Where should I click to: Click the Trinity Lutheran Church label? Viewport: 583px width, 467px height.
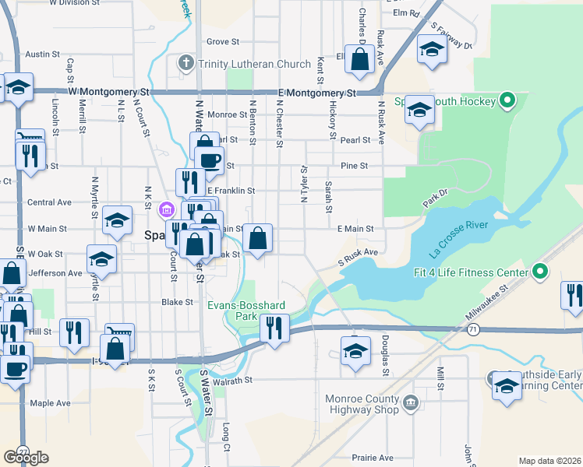[x=243, y=64]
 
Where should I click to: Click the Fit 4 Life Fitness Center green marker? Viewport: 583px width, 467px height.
[x=539, y=272]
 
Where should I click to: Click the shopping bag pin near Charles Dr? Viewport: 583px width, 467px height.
[x=359, y=60]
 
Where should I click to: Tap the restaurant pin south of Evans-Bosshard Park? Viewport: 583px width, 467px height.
[x=273, y=328]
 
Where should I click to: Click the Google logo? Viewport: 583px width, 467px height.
[x=26, y=458]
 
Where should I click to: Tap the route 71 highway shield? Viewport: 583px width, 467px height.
[x=473, y=330]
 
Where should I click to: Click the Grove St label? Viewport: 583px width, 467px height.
[x=222, y=41]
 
